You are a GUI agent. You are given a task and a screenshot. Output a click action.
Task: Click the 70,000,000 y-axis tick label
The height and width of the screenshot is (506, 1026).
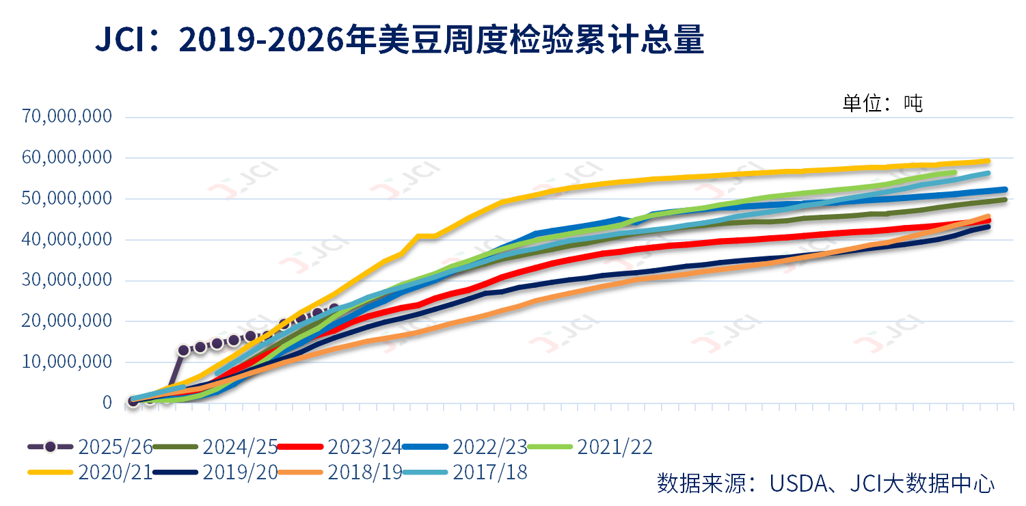click(x=67, y=116)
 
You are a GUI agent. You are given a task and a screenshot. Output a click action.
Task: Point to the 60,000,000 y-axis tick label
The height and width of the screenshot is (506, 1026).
click(x=67, y=157)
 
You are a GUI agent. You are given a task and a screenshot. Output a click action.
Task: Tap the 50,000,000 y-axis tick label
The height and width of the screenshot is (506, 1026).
click(x=67, y=198)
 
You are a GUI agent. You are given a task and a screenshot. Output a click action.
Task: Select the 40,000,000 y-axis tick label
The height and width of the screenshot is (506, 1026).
click(x=67, y=239)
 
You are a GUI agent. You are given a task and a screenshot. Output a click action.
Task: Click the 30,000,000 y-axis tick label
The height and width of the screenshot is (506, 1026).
click(x=67, y=280)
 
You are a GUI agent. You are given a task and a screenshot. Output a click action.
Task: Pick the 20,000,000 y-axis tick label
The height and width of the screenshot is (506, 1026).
click(x=67, y=321)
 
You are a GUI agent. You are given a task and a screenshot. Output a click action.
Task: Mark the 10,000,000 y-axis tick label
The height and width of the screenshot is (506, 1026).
click(x=67, y=362)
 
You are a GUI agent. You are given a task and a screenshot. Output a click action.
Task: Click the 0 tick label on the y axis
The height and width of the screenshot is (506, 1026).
click(x=107, y=403)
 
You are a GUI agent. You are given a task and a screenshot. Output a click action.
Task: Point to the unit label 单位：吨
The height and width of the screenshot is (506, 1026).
click(x=882, y=103)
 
